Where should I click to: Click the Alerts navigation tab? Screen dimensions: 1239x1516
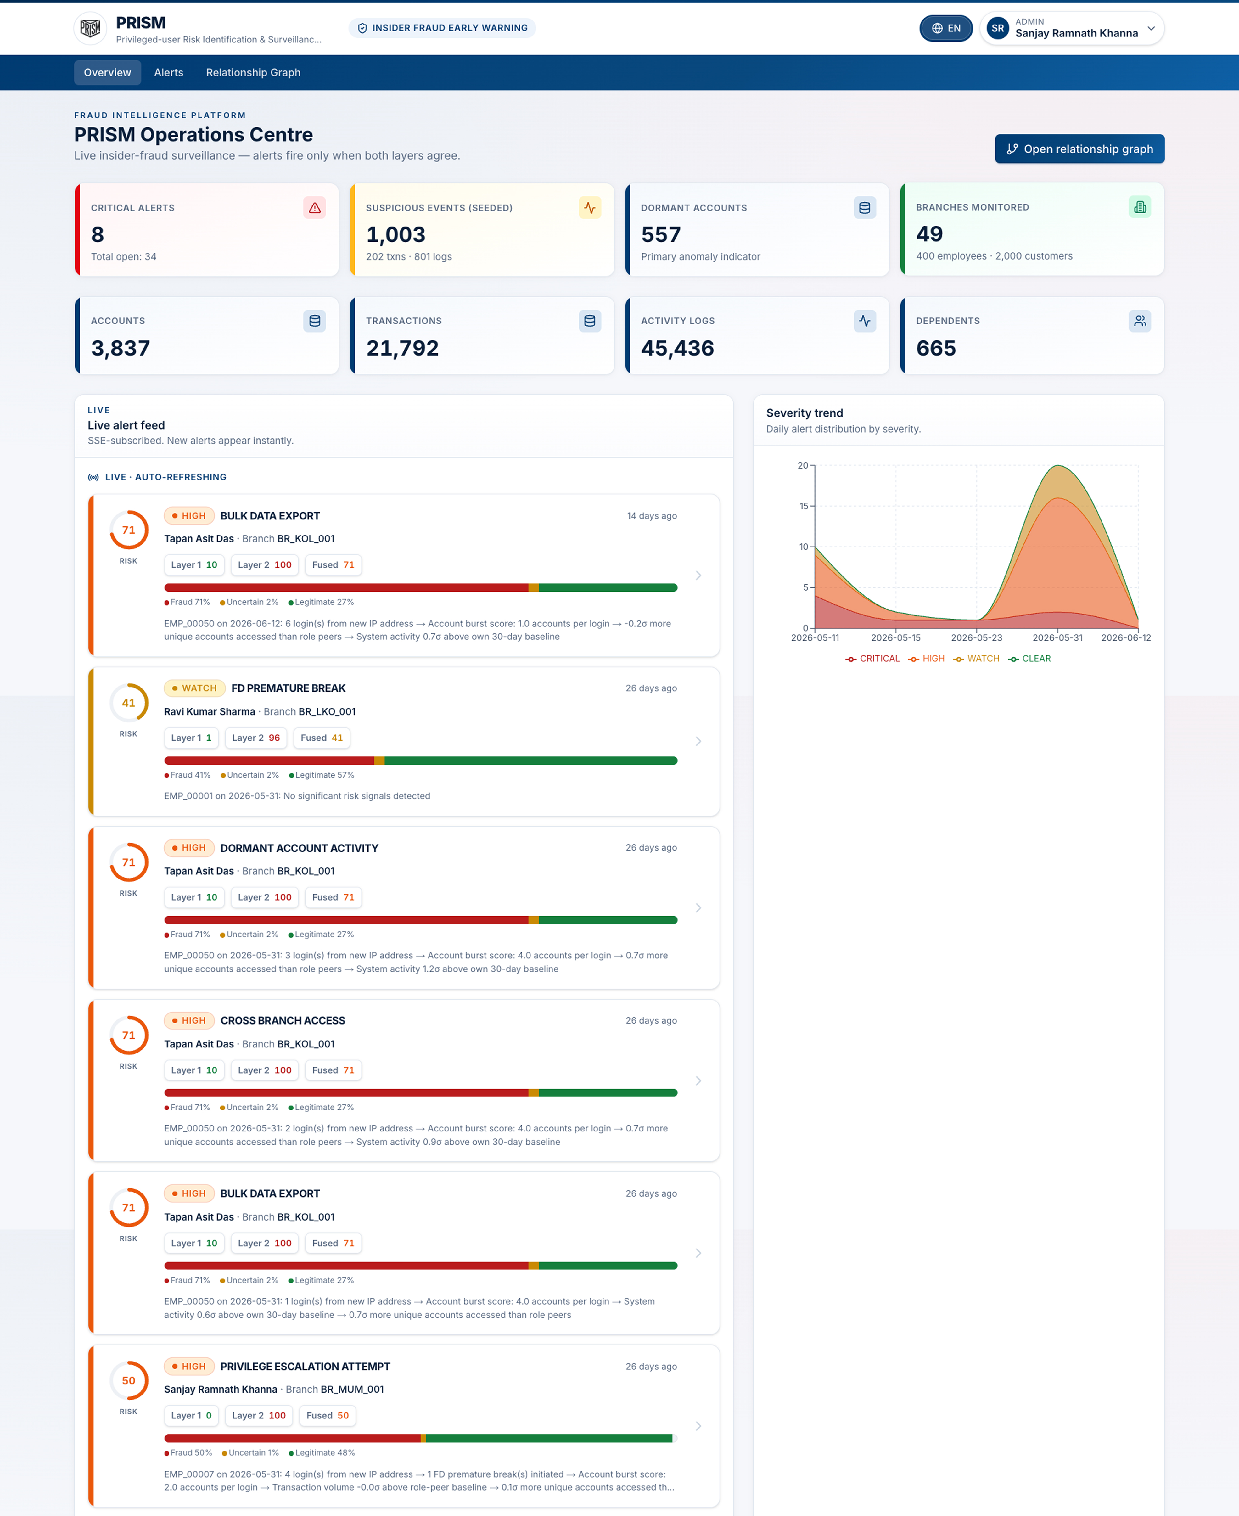point(168,72)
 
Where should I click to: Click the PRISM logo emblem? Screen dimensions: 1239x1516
point(91,29)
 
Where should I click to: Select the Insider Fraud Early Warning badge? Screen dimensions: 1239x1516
point(442,28)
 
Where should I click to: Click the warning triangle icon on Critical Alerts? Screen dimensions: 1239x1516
point(315,208)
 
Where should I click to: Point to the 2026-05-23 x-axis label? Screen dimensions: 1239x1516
point(976,637)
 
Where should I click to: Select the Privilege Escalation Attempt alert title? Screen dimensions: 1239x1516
point(306,1366)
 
